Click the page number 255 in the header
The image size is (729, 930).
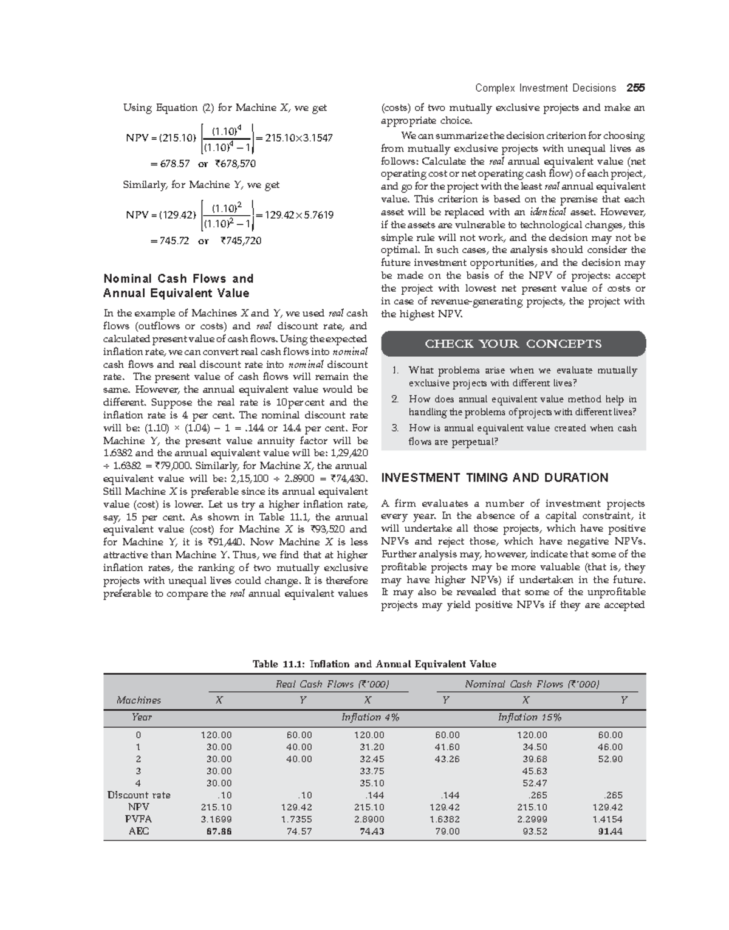(636, 88)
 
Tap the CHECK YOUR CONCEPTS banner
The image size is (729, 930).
(513, 344)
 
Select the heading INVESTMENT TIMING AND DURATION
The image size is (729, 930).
(495, 478)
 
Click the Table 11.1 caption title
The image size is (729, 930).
(374, 664)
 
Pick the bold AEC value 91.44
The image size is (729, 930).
(610, 832)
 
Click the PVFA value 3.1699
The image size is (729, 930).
(216, 819)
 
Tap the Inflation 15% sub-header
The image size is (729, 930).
(529, 718)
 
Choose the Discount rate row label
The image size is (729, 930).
(139, 795)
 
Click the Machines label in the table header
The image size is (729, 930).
(139, 700)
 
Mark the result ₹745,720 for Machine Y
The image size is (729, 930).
(241, 241)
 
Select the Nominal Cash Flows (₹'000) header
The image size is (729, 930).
(532, 684)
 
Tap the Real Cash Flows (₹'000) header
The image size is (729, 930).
(332, 684)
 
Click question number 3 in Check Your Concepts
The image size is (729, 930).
(395, 428)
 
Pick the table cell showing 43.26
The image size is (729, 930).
(447, 759)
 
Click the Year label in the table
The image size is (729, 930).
(142, 718)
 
